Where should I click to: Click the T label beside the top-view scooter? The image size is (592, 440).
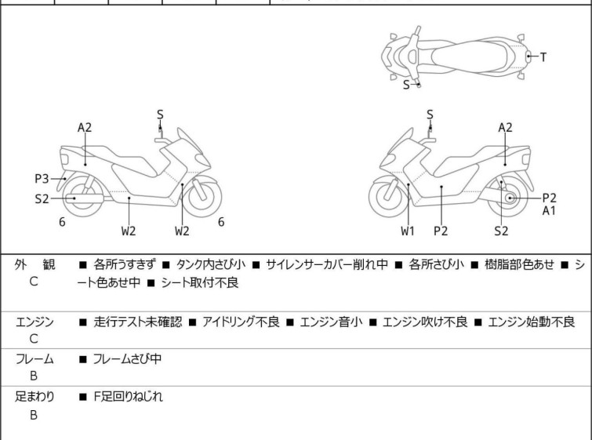[543, 56]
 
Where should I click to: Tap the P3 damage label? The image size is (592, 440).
[42, 178]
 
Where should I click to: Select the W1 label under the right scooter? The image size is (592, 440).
[408, 231]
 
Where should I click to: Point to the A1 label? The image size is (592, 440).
[549, 211]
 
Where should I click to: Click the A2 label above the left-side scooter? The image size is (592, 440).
[85, 127]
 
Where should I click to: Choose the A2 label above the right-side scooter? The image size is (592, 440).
[506, 127]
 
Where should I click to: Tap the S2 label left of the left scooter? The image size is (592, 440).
[42, 198]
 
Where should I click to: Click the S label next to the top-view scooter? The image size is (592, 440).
[406, 85]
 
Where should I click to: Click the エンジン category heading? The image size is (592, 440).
[35, 322]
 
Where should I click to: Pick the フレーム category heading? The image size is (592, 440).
[35, 359]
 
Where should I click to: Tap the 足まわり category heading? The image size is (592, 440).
[35, 397]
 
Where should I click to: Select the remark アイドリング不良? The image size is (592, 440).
[240, 322]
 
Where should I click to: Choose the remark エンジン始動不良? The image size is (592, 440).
[531, 322]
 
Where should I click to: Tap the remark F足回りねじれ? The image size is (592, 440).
[128, 397]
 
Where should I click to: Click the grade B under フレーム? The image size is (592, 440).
[34, 376]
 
